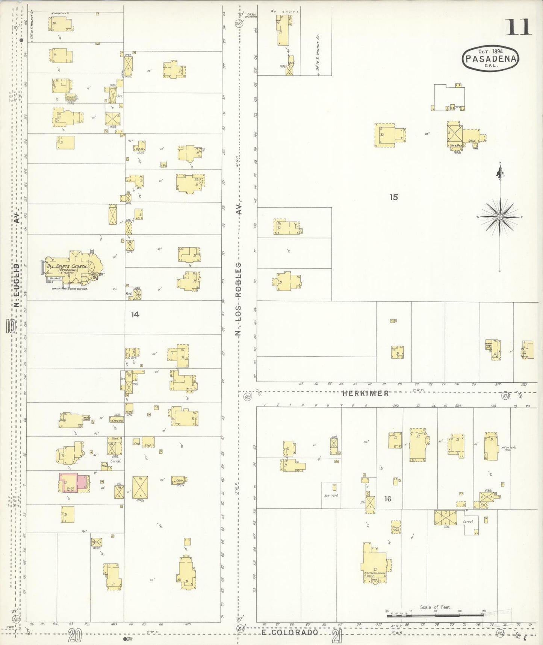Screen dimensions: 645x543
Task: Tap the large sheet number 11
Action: [x=518, y=27]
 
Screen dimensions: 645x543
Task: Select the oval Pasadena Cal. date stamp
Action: [x=491, y=58]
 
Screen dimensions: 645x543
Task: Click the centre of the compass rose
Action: [x=500, y=217]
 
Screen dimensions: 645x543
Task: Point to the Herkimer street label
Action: [x=365, y=393]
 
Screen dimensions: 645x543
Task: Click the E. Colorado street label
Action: [x=290, y=633]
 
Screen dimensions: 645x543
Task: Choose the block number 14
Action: [x=135, y=314]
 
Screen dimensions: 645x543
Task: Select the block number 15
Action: [x=393, y=197]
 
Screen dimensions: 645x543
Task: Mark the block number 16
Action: [x=388, y=499]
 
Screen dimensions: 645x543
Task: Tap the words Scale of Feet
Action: [x=436, y=607]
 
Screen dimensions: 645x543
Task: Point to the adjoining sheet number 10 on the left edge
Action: [x=10, y=326]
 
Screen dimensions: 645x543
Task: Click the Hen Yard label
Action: [x=331, y=496]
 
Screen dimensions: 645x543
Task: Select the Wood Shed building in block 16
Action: [x=396, y=528]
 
